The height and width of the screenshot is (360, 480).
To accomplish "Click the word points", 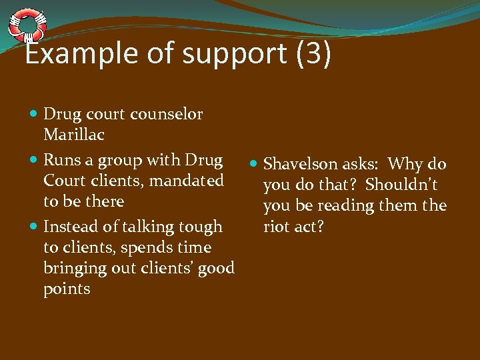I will tap(67, 289).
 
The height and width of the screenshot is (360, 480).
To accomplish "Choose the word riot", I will tap(277, 227).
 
